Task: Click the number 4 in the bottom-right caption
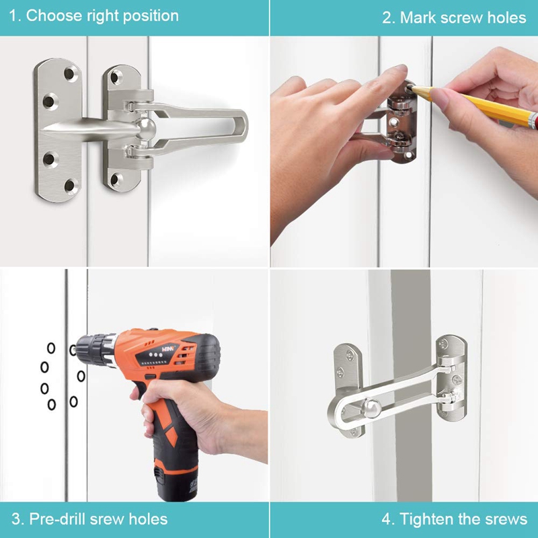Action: pos(387,520)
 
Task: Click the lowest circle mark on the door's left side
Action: pos(52,404)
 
